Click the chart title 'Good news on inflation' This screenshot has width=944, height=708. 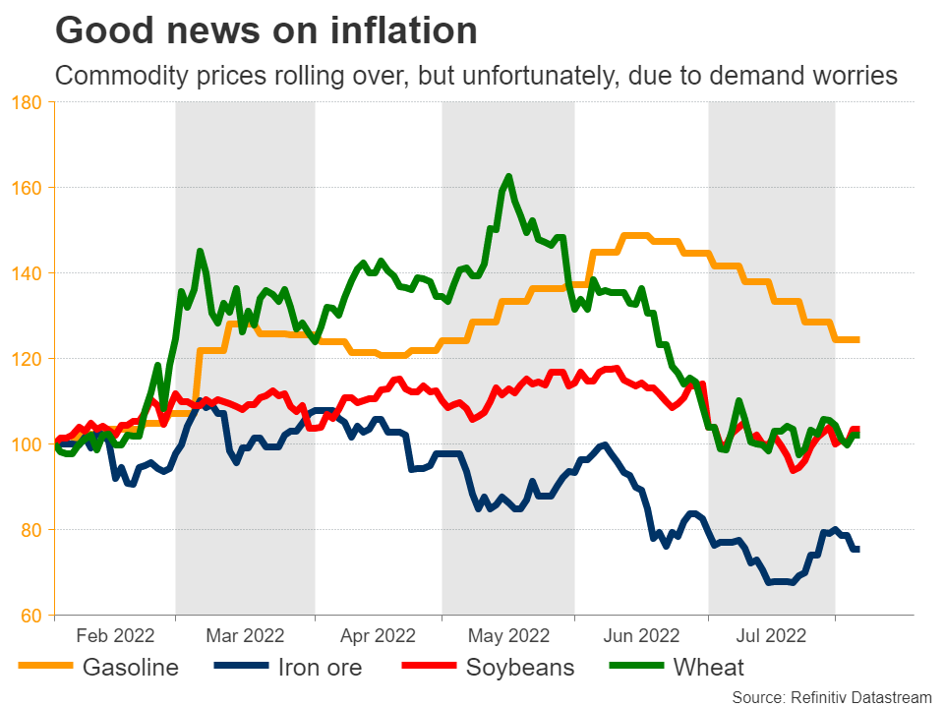pyautogui.click(x=266, y=31)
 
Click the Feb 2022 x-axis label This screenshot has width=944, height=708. pyautogui.click(x=115, y=635)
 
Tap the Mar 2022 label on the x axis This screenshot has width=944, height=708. pyautogui.click(x=245, y=635)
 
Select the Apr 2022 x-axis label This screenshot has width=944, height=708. pyautogui.click(x=379, y=635)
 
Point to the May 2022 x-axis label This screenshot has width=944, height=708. pyautogui.click(x=508, y=635)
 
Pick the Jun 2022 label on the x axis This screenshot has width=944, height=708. pyautogui.click(x=641, y=635)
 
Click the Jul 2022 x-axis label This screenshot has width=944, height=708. pyautogui.click(x=772, y=635)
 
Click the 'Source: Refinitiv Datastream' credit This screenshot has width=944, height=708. pyautogui.click(x=831, y=696)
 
